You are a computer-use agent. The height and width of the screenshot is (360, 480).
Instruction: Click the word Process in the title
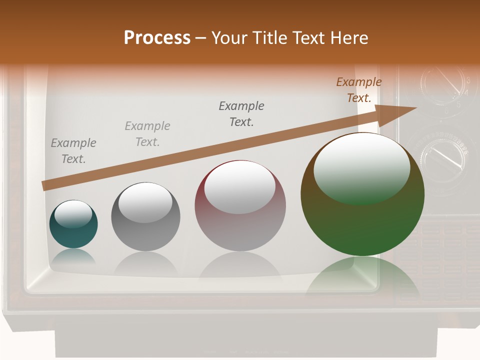click(157, 38)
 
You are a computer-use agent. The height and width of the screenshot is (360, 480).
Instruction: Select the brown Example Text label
click(359, 90)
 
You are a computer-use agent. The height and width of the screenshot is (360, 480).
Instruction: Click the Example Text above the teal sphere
click(73, 151)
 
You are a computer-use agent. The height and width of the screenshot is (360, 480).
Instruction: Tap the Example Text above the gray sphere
click(147, 134)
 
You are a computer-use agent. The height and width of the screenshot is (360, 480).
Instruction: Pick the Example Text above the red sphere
click(241, 113)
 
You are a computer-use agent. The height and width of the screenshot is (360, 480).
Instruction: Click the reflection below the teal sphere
click(73, 256)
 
